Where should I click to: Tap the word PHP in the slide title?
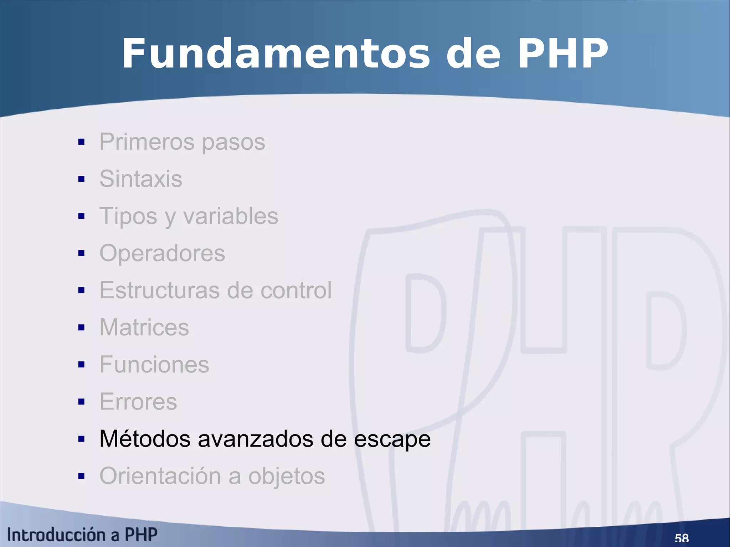(x=562, y=54)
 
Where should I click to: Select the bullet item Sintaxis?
(x=141, y=179)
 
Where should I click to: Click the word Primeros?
(x=147, y=141)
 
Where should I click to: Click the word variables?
(x=231, y=216)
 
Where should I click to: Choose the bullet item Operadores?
(x=162, y=253)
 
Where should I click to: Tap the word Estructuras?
(x=159, y=290)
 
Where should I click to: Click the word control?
(x=296, y=290)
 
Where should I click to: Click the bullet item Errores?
(x=138, y=402)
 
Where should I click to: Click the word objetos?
(x=287, y=477)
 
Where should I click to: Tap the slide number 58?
(x=682, y=538)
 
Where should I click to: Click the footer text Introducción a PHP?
(x=82, y=535)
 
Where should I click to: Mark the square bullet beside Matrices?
(x=81, y=327)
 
